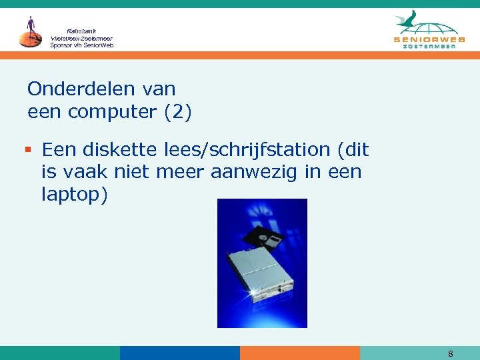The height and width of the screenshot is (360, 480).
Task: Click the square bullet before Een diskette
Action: point(31,150)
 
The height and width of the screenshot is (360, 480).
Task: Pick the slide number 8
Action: point(451,354)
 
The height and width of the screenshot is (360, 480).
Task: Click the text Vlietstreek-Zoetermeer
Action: point(82,38)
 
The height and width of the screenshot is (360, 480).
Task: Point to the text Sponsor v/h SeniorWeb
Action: point(82,45)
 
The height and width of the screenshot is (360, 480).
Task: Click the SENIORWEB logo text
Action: point(429,39)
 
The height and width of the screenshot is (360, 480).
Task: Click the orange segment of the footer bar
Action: point(299,353)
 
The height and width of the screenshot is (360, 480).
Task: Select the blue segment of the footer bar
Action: point(179,353)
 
